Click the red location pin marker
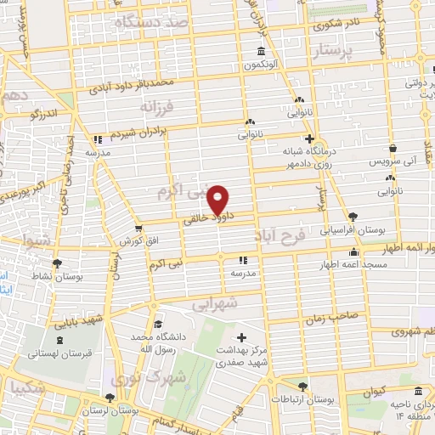click(x=219, y=199)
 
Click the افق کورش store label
click(x=167, y=240)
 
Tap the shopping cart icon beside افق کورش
click(x=138, y=227)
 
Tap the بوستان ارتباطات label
click(x=302, y=398)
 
